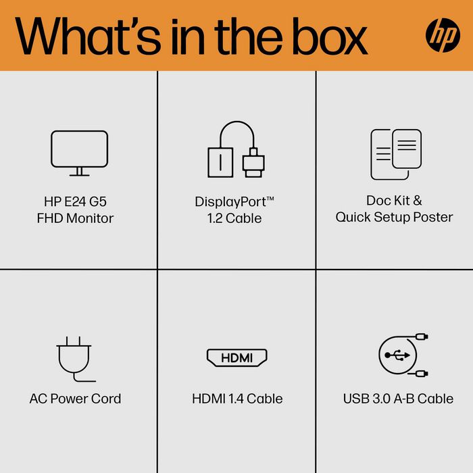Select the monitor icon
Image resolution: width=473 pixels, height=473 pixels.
coord(79,153)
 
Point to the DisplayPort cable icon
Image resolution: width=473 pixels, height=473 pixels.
coord(235,151)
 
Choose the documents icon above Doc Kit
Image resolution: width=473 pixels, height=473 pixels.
coord(395,154)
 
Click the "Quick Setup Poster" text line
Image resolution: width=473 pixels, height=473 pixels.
coord(394,218)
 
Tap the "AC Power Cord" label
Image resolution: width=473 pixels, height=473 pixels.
coord(76,399)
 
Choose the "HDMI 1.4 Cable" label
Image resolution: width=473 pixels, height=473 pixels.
coord(237,399)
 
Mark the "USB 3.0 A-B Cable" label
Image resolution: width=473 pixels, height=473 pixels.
coord(398,399)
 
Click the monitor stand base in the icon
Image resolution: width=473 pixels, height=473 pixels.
coord(79,174)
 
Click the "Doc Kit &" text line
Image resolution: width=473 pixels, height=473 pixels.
coord(394,201)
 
